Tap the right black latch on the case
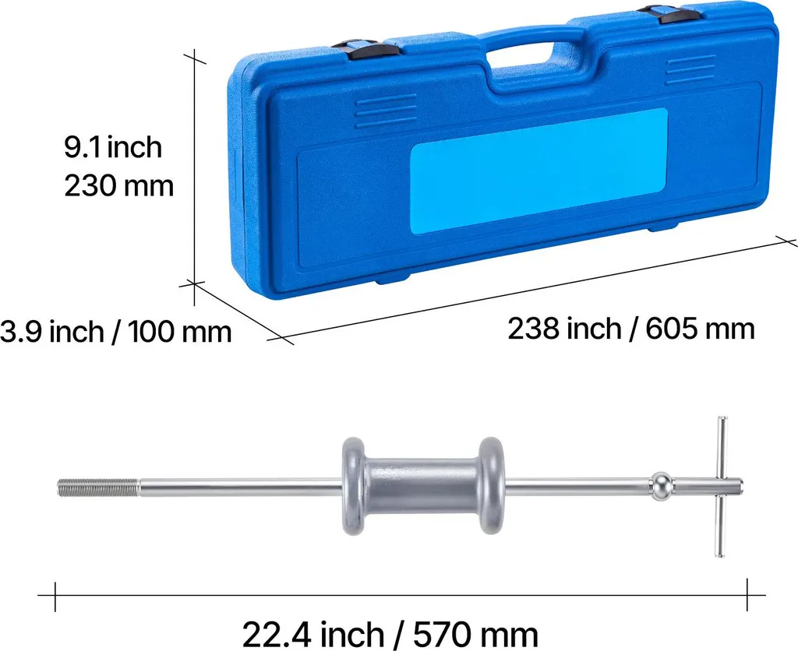tap(667, 13)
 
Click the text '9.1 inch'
tap(113, 147)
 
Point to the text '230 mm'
tap(118, 185)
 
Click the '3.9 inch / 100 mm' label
tap(115, 332)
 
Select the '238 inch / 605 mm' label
tap(631, 329)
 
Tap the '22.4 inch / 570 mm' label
tap(390, 634)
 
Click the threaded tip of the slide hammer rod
tap(97, 487)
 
